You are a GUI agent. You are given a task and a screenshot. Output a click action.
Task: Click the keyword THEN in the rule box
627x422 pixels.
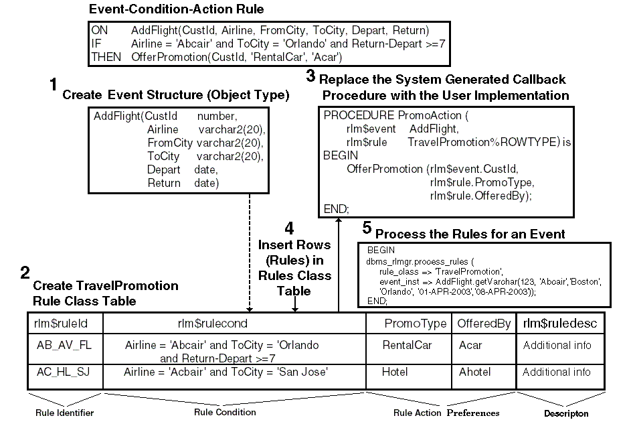point(106,58)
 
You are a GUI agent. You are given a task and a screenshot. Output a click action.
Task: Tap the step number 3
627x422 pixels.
point(310,75)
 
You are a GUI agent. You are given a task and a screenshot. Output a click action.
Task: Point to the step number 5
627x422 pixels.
point(367,228)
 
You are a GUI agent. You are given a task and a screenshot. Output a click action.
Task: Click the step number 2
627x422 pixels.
point(25,273)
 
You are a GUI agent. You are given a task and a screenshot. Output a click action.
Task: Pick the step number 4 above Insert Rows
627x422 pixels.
point(289,229)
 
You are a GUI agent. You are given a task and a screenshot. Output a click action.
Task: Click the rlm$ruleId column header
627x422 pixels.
point(61,324)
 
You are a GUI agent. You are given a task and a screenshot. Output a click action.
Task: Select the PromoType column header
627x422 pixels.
point(415,324)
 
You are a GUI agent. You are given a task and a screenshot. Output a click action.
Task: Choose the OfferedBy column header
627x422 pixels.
point(484,324)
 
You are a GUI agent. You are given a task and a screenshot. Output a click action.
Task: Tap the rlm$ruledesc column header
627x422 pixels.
point(560,324)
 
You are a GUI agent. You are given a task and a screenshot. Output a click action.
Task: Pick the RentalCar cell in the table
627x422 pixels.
point(408,346)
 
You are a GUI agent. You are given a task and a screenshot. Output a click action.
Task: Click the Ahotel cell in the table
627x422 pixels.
point(475,372)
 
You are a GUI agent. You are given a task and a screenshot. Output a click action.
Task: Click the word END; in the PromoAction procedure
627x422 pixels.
point(337,209)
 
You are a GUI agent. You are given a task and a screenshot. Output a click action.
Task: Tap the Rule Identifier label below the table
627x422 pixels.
point(64,413)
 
